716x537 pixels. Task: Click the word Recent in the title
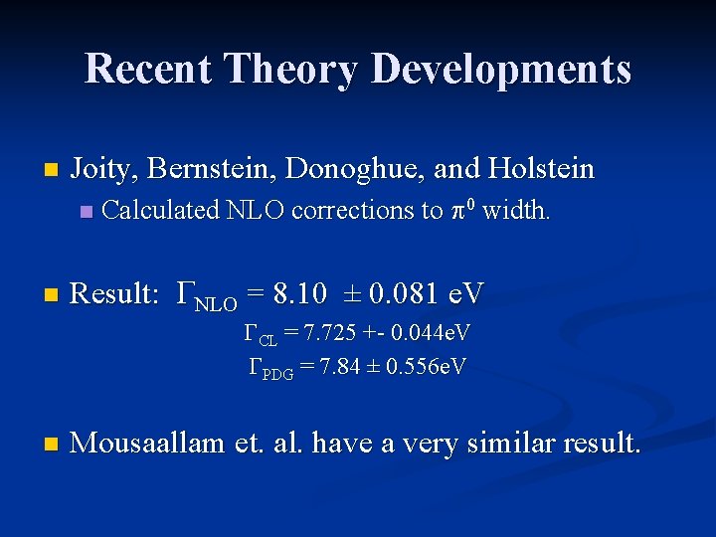point(149,69)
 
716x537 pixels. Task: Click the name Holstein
point(541,169)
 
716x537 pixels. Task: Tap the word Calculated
point(162,211)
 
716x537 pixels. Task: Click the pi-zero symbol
point(462,210)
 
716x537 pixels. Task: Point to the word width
point(515,211)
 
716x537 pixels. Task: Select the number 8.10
point(299,293)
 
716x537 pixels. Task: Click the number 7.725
point(322,332)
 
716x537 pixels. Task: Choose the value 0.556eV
point(424,367)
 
